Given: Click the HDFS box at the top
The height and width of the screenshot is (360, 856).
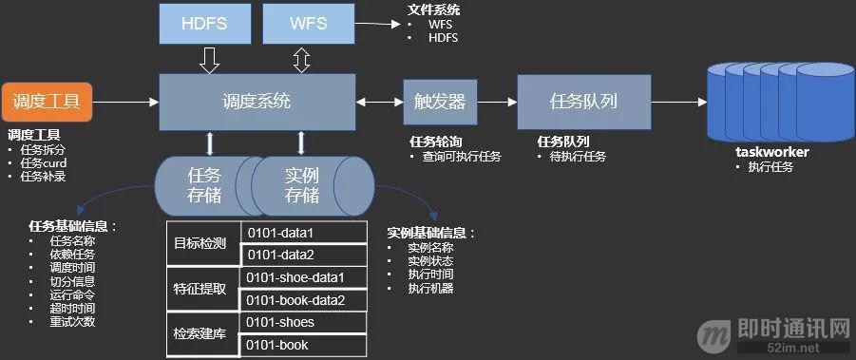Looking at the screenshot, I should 203,23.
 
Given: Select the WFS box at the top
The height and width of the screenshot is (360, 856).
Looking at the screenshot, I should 302,23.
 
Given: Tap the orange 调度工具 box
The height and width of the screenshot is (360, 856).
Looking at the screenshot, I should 48,100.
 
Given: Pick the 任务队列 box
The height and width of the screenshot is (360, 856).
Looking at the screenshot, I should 584,101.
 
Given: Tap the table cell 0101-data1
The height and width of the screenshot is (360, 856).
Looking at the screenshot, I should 304,233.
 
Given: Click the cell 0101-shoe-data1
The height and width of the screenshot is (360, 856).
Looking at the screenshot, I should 304,278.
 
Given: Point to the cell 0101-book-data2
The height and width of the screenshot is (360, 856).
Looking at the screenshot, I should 304,301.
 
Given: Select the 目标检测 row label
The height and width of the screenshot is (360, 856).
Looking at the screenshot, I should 200,243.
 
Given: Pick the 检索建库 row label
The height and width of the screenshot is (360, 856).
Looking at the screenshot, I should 200,334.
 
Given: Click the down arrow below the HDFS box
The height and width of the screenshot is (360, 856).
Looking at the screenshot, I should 211,61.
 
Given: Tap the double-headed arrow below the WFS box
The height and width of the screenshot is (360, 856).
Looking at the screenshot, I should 302,61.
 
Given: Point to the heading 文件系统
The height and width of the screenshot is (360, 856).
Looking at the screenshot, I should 433,10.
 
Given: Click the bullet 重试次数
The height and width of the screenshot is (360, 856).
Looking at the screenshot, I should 71,322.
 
